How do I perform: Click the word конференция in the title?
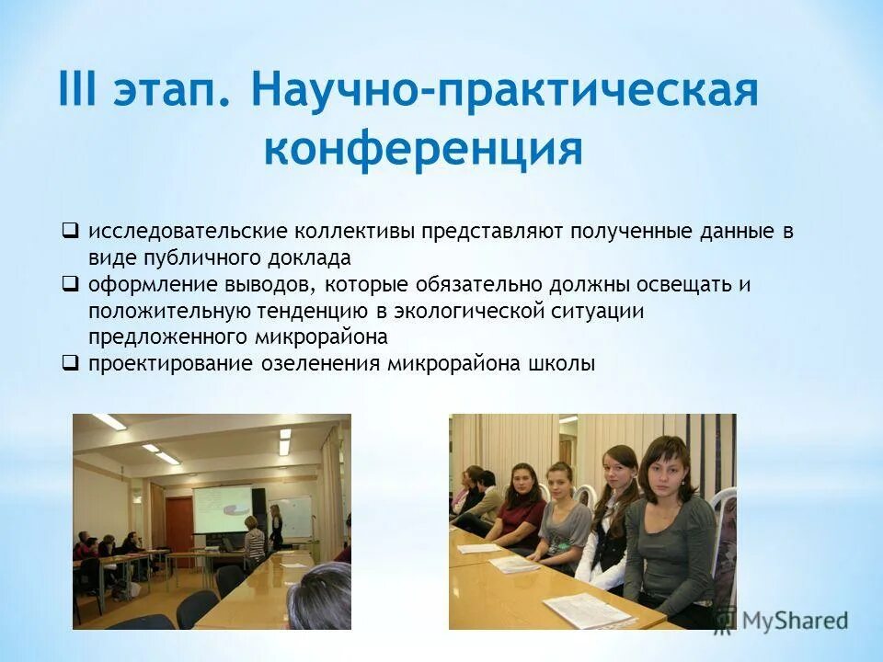[423, 149]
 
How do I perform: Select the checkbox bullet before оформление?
[70, 283]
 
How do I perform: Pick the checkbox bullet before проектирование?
[70, 362]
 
